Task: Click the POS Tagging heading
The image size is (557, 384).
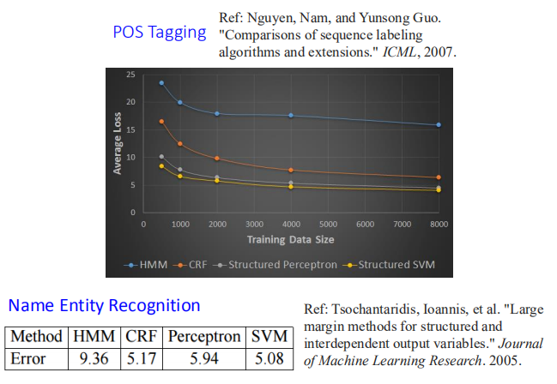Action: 160,33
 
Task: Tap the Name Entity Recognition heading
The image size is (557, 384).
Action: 104,305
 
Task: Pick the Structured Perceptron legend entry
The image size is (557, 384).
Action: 279,264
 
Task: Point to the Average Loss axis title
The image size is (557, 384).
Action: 118,143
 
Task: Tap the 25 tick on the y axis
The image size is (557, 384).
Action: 130,75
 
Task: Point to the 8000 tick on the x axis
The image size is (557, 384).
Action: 439,224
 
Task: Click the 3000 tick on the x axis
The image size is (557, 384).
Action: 254,224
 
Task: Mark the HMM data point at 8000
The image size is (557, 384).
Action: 439,125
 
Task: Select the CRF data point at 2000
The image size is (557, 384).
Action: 217,159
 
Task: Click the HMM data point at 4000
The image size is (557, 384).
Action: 291,116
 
